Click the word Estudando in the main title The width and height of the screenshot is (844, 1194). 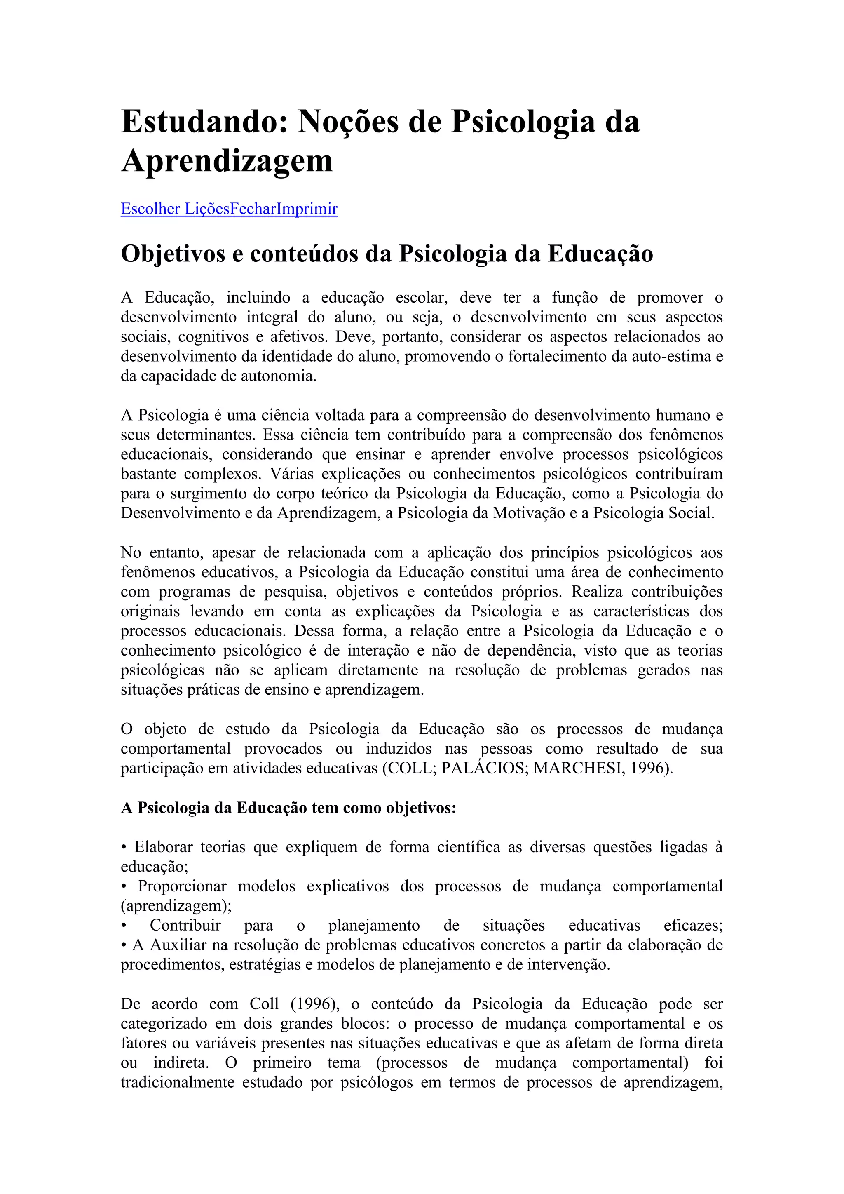point(204,122)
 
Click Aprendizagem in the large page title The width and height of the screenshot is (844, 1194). point(227,161)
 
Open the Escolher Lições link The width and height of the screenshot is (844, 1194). point(175,209)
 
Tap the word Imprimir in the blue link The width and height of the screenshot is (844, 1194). point(307,209)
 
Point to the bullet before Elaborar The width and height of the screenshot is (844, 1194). point(124,848)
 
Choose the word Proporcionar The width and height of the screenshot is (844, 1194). point(182,886)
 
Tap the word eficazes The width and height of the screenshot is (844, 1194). point(692,926)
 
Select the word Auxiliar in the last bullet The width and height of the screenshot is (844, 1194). point(178,945)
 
